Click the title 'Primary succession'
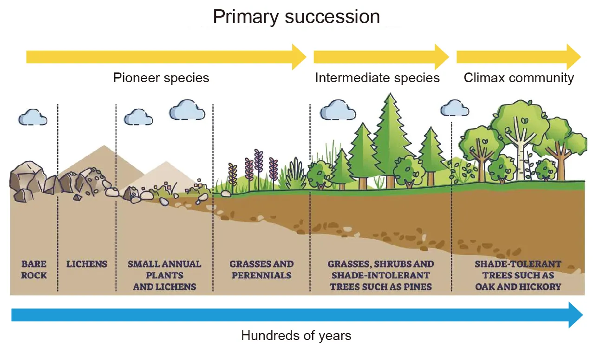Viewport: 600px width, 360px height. [296, 17]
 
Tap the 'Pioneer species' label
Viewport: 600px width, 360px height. [161, 78]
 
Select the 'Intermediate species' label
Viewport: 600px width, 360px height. [377, 78]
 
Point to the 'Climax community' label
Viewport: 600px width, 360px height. [519, 78]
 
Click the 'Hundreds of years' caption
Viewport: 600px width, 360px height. [296, 335]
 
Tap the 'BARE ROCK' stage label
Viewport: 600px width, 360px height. [34, 269]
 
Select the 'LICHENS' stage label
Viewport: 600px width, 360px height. [87, 264]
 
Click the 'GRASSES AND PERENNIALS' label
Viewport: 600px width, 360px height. [261, 269]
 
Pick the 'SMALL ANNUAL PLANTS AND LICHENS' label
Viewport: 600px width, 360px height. [164, 275]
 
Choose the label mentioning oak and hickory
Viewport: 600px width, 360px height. [518, 275]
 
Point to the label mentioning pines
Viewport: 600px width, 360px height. [381, 275]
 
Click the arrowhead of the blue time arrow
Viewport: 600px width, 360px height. [575, 315]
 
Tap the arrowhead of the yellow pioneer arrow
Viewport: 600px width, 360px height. [299, 57]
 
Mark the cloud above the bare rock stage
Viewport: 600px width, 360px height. [33, 117]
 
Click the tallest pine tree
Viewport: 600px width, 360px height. [391, 135]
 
